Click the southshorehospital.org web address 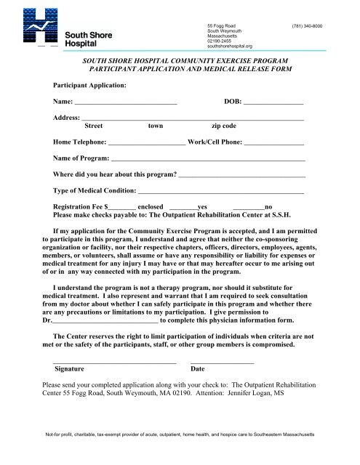pos(230,46)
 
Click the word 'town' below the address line pos(156,126)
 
